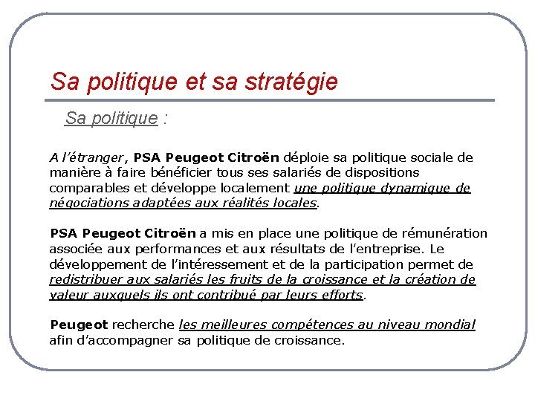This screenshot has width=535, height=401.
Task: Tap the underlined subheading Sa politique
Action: coord(111,118)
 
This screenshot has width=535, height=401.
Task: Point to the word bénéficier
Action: coord(175,173)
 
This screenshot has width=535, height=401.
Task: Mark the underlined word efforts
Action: coord(342,295)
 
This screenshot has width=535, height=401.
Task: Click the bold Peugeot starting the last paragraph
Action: coord(79,325)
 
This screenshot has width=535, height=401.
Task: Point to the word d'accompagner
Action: coord(128,340)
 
